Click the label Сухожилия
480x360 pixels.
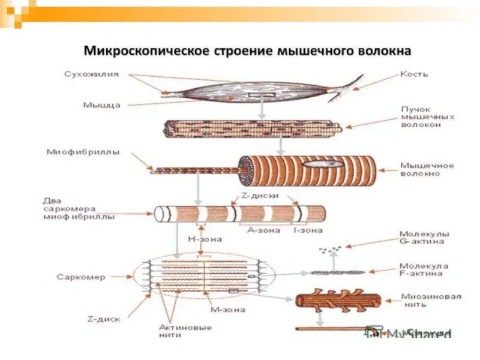(x=92, y=74)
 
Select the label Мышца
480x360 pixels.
(x=101, y=104)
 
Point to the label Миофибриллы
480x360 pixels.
(x=83, y=152)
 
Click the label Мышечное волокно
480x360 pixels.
(x=427, y=169)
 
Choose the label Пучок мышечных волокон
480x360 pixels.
(x=427, y=117)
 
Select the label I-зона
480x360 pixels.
(x=308, y=230)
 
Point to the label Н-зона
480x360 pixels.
(x=204, y=239)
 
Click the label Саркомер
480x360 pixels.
(x=81, y=277)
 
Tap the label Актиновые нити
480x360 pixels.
(x=177, y=331)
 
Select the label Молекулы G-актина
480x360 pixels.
(x=424, y=238)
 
